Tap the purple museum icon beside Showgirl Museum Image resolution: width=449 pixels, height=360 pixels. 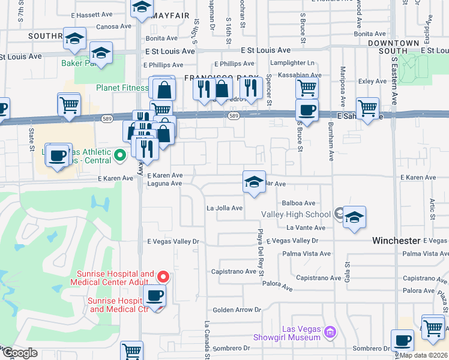tap(329, 332)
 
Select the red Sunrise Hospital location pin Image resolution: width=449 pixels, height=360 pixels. tap(163, 277)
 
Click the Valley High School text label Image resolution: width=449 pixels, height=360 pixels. tap(295, 214)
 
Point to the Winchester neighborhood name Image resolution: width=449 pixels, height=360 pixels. tap(396, 241)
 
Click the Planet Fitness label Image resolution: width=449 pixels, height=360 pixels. tap(122, 88)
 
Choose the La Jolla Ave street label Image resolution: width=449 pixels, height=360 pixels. tap(224, 208)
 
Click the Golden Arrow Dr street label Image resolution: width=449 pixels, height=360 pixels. tap(237, 310)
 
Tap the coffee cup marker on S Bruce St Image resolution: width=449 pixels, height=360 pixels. tap(307, 111)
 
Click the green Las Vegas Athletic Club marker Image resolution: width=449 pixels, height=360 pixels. tap(119, 155)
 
